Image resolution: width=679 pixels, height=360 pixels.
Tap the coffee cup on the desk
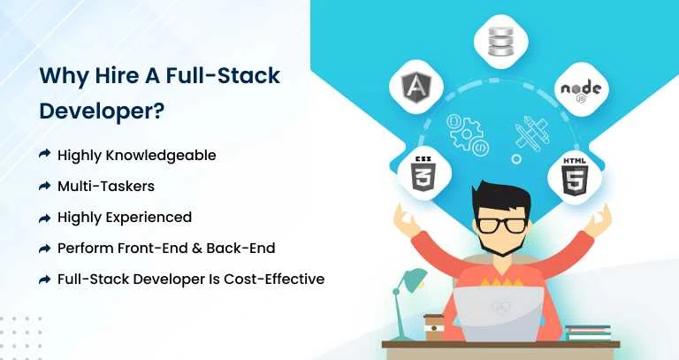tap(433, 326)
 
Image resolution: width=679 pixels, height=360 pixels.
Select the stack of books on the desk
tap(589, 332)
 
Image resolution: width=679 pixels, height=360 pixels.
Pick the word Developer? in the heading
tap(103, 112)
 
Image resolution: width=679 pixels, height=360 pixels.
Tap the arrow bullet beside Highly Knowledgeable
tap(44, 155)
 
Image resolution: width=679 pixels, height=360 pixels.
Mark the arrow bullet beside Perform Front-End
tap(44, 248)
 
